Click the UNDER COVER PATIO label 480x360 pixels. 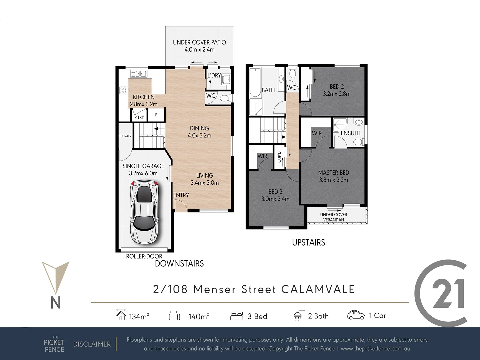[199, 42]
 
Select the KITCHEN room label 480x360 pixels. [143, 97]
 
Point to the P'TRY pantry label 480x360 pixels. [139, 117]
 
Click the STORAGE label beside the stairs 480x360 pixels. [125, 136]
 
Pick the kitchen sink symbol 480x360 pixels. [139, 74]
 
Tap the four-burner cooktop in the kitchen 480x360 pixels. [123, 90]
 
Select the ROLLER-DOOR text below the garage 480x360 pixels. [144, 256]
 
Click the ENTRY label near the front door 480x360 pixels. [181, 195]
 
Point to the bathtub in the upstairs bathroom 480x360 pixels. [255, 82]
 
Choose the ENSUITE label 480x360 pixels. [351, 133]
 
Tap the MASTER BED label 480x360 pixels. [333, 173]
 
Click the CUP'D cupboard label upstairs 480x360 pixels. [279, 157]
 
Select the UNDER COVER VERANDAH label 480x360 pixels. [333, 217]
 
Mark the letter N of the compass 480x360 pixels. [55, 302]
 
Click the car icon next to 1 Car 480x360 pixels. [356, 315]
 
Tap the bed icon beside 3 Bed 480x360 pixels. [237, 316]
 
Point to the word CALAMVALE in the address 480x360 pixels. [318, 289]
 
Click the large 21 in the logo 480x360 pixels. [447, 293]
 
